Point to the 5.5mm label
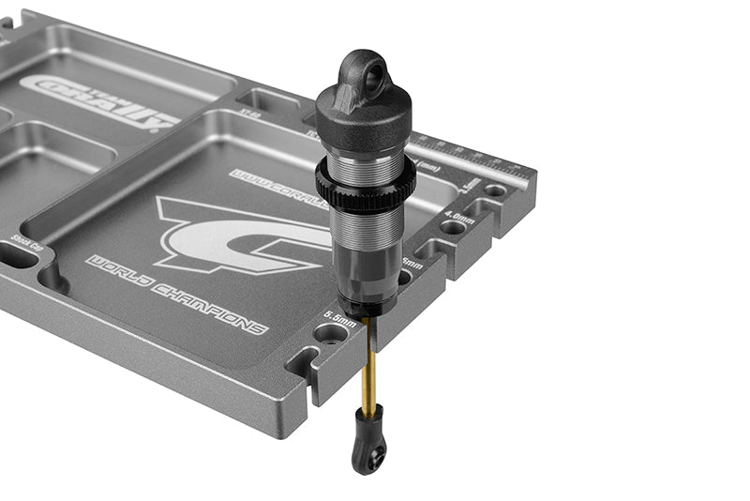pyautogui.click(x=339, y=316)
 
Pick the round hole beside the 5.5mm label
pyautogui.click(x=330, y=333)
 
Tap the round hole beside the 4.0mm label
pyautogui.click(x=452, y=226)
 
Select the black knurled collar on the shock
pyautogui.click(x=367, y=184)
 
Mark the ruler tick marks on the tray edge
pyautogui.click(x=469, y=154)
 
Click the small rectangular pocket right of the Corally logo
pyautogui.click(x=257, y=100)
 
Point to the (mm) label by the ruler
pyautogui.click(x=429, y=167)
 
